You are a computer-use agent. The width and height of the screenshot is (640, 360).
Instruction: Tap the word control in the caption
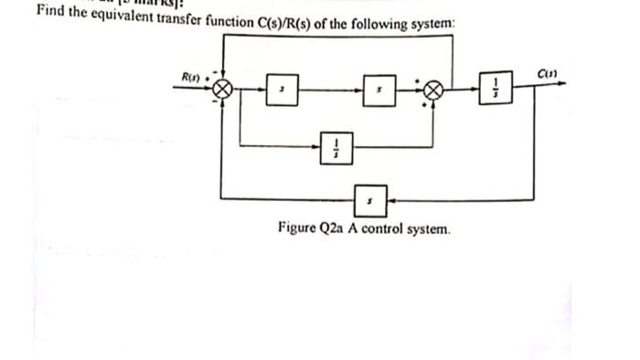tap(384, 228)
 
